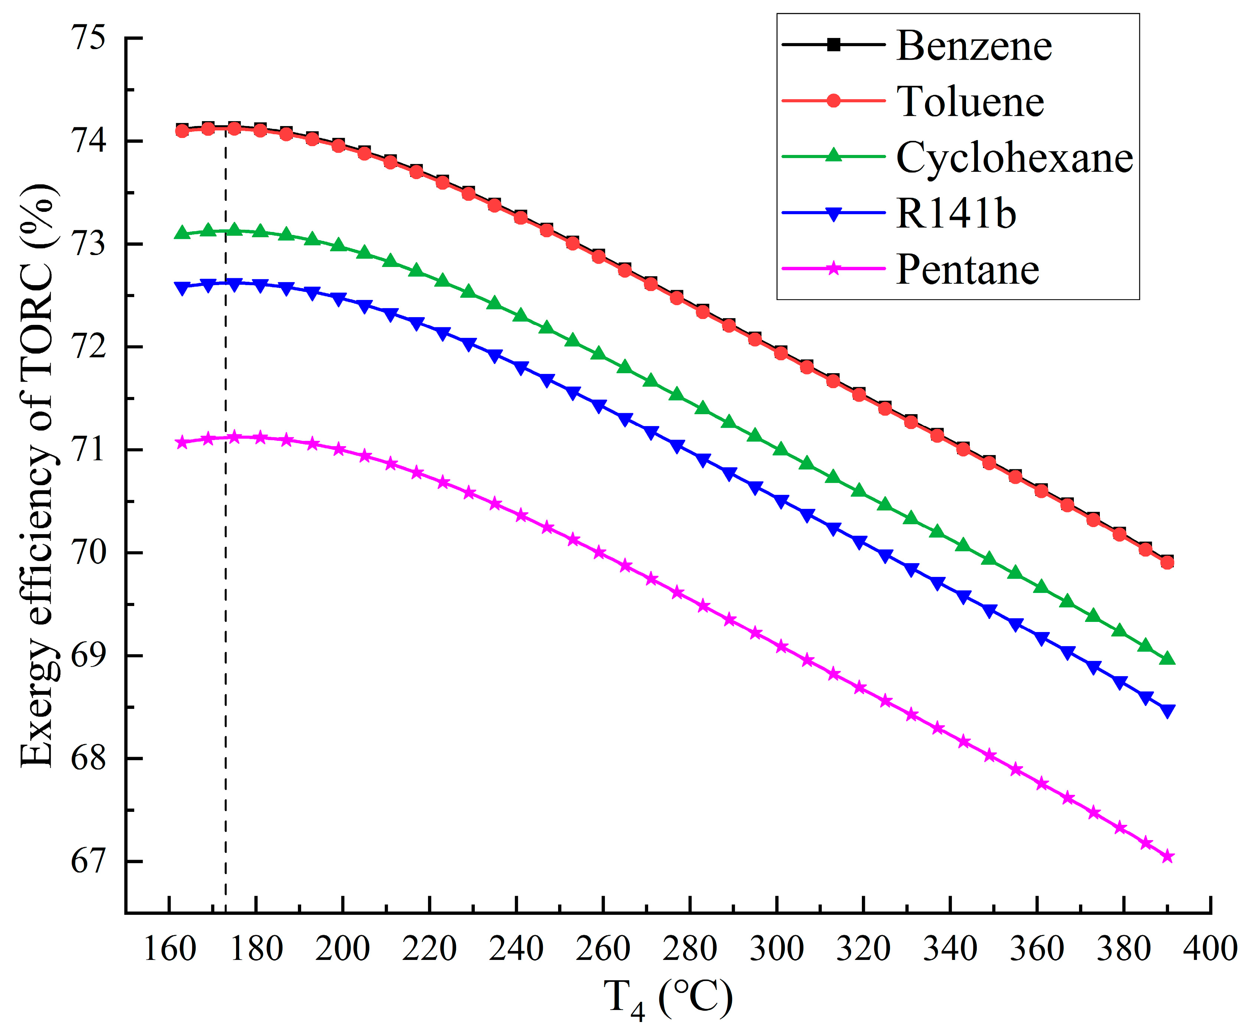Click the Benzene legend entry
pos(974,46)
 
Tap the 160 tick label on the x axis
pos(170,949)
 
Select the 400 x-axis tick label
pos(1210,949)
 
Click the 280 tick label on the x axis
pos(690,949)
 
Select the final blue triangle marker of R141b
pos(1167,711)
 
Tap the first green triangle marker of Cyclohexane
pos(182,233)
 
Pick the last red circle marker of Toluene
pos(1167,562)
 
